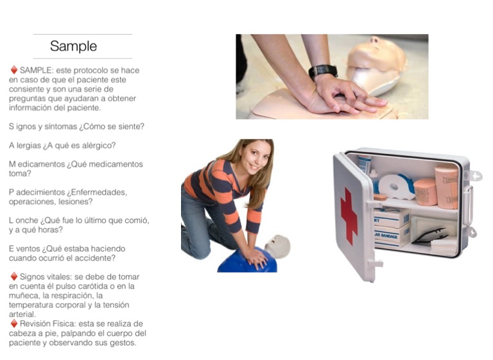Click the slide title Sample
[73, 46]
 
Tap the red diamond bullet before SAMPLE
[14, 69]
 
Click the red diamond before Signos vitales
[14, 277]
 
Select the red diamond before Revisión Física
[14, 323]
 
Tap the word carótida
[98, 286]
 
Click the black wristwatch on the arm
[323, 71]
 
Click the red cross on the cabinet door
[349, 216]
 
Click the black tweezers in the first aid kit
[430, 236]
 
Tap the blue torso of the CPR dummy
[246, 261]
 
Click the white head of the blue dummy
[277, 246]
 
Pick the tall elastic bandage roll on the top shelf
[447, 186]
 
